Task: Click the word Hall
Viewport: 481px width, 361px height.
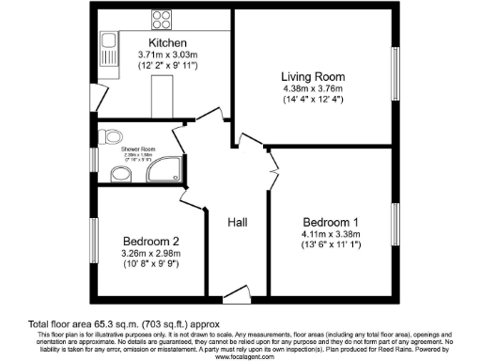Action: pyautogui.click(x=237, y=223)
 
